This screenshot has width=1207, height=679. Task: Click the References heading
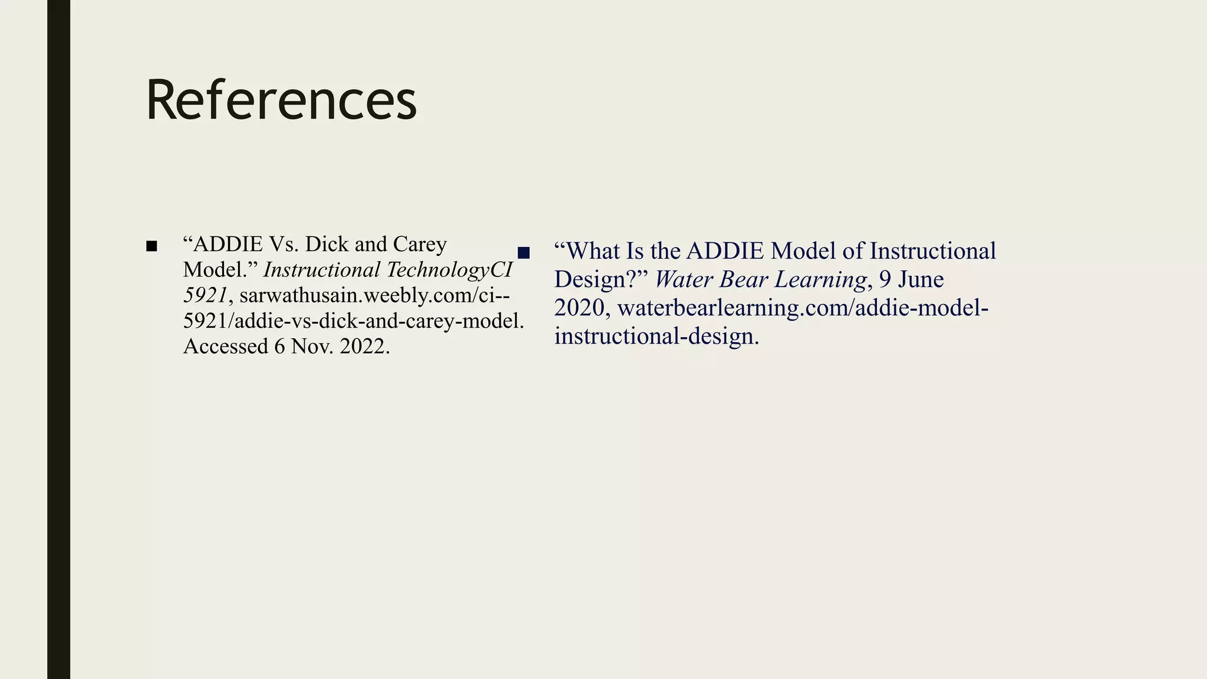281,100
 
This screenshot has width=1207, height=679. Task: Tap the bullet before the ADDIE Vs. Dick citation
151,246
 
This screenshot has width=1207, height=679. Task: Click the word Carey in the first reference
420,244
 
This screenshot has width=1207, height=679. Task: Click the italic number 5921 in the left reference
205,295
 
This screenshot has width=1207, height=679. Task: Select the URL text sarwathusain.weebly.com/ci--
375,295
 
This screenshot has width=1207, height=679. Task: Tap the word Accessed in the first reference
226,347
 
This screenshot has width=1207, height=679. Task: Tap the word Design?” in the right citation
601,279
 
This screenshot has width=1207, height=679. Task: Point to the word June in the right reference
921,279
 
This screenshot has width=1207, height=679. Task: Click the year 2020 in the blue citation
579,308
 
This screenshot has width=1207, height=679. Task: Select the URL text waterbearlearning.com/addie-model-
803,308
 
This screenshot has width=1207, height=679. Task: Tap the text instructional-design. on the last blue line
656,336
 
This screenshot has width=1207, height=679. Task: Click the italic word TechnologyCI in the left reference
449,270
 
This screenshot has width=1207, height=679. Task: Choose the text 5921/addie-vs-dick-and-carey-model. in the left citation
354,321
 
